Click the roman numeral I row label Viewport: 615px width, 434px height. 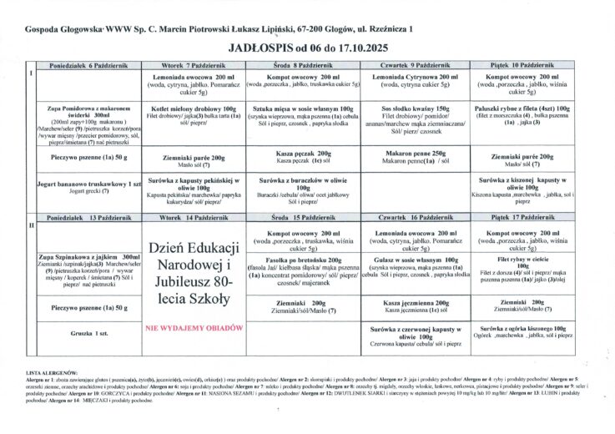pos(31,73)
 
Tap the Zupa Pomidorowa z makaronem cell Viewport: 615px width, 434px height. pos(82,109)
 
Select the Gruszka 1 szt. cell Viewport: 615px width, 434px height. pos(82,332)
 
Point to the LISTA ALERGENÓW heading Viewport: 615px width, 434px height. pos(52,372)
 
